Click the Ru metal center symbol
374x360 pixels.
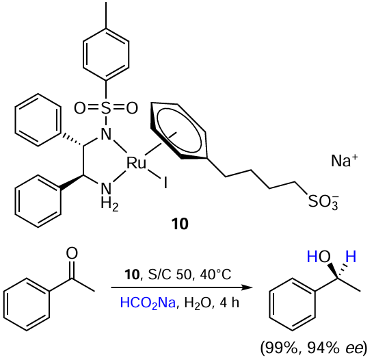click(x=136, y=164)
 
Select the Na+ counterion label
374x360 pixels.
click(x=345, y=160)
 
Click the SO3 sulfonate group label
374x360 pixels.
click(x=323, y=202)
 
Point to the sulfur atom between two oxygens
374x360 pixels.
click(x=106, y=108)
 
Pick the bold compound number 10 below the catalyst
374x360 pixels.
click(x=180, y=224)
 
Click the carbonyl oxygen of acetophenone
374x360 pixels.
click(x=72, y=253)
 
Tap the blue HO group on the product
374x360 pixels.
click(x=319, y=257)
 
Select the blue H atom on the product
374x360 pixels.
click(x=351, y=257)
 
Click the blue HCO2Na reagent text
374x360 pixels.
click(x=148, y=303)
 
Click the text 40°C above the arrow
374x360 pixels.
click(x=216, y=274)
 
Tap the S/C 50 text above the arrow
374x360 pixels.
click(x=170, y=274)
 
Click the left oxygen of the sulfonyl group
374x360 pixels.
click(x=80, y=108)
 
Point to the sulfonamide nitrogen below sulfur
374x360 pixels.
click(x=106, y=134)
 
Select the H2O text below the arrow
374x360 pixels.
click(x=198, y=303)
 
